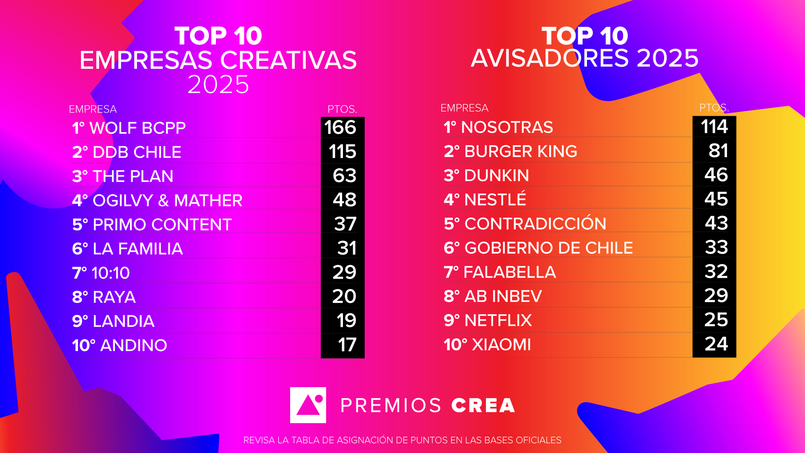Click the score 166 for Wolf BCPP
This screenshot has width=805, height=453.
coord(340,128)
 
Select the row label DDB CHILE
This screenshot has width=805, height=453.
coord(137,152)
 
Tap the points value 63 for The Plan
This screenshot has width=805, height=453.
coord(345,176)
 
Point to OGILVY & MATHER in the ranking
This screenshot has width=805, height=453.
coord(167,200)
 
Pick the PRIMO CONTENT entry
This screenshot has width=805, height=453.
coord(162,224)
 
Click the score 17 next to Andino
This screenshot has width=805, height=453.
coord(347,345)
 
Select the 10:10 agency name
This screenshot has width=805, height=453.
coord(111,273)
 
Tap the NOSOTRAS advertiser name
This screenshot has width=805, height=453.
coord(507,127)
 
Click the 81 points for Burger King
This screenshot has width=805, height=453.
coord(718,151)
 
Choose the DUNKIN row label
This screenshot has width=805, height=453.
coord(496,175)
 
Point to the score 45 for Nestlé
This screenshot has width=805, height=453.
coord(716,199)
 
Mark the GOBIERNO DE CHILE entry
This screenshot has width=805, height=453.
coord(548,248)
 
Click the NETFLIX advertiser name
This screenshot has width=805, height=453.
coord(498,320)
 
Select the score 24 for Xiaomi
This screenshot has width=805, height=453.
coord(716,344)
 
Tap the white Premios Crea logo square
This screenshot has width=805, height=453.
coord(308,405)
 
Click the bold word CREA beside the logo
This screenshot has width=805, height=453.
coord(483,406)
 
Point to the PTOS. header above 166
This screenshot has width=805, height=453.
coord(342,109)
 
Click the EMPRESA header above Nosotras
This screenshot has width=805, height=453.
coord(465,108)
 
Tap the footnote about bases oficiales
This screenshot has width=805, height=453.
coord(402,440)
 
